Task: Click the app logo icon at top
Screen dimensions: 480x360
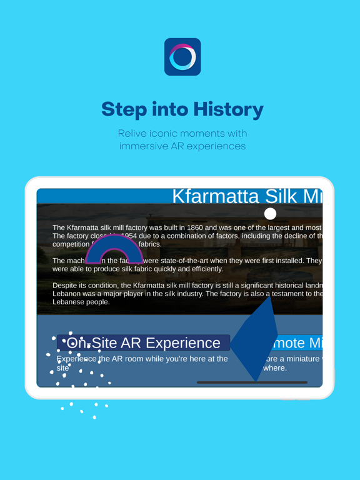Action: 182,57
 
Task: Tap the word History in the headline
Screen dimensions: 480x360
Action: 228,110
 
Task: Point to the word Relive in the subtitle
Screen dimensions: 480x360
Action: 134,134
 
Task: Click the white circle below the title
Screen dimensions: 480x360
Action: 270,214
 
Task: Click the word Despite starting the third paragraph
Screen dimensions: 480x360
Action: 66,286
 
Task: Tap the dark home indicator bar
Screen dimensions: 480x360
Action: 252,382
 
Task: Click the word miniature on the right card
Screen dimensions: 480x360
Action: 301,359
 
